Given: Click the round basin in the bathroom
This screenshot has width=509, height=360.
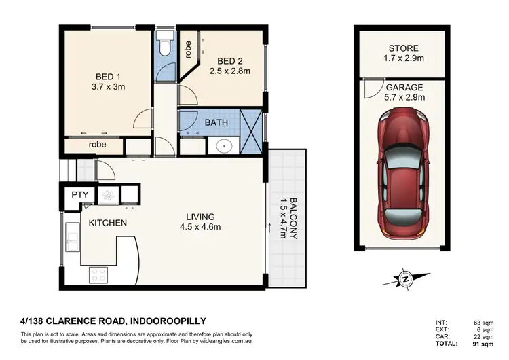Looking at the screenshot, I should tap(223, 145).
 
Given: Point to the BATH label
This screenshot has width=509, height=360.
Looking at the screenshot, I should tap(216, 123).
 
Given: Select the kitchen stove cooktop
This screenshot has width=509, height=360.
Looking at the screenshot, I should tap(98, 274).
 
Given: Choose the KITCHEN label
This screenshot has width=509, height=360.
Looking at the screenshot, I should tap(107, 222).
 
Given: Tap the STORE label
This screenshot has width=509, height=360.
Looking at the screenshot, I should tap(403, 48).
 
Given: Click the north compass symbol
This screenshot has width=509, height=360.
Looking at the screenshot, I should tap(406, 277).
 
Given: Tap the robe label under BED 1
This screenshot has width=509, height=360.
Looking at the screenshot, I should tap(96, 144).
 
